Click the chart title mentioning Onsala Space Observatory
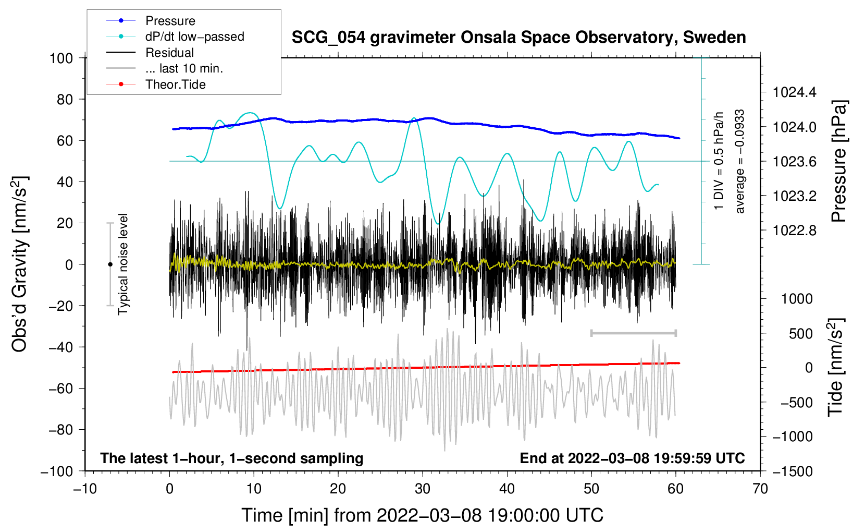[518, 38]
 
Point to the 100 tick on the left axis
[61, 58]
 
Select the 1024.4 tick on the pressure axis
[794, 93]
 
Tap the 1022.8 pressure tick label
[794, 231]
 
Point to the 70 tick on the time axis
[760, 489]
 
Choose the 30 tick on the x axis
[423, 489]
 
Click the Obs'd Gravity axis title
[20, 264]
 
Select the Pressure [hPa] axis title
[838, 161]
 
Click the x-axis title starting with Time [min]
[423, 515]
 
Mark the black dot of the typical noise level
[110, 264]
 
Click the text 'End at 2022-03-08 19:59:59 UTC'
[632, 458]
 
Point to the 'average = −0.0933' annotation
[740, 161]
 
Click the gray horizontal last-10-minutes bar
[633, 333]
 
